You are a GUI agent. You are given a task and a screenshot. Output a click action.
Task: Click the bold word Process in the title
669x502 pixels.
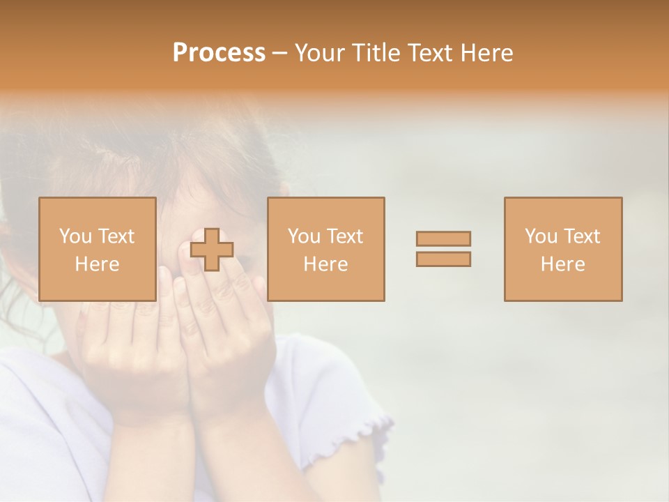point(219,53)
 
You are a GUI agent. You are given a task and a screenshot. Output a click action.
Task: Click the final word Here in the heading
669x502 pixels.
point(487,53)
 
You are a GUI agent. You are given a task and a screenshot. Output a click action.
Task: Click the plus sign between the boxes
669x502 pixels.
point(212,250)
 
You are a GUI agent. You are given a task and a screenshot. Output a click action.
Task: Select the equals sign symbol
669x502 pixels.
point(443,249)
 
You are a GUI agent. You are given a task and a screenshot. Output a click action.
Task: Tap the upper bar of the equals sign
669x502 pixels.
point(443,238)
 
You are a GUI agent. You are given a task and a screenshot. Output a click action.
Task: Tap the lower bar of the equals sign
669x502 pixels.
point(443,259)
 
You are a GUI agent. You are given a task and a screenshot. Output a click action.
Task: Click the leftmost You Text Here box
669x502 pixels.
point(98,249)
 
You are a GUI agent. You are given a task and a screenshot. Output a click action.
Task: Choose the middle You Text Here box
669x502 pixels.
point(325,249)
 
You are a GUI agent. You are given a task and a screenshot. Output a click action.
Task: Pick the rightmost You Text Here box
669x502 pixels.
point(562,249)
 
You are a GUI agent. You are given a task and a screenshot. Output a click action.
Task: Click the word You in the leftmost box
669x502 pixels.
point(75,236)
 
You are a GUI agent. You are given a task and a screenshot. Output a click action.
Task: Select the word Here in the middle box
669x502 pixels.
point(325,264)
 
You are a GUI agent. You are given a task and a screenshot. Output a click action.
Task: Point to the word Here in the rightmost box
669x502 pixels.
point(562,264)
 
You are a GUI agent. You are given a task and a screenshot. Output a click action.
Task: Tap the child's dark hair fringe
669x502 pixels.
point(209,160)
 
